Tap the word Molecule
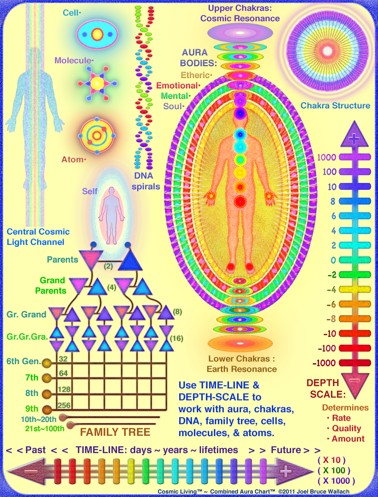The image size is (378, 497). (73, 61)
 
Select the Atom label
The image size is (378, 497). (73, 160)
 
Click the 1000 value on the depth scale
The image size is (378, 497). (327, 157)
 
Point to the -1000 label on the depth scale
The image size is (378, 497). (324, 363)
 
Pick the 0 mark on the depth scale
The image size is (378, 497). (333, 260)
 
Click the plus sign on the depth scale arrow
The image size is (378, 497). (354, 139)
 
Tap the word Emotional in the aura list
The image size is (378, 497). (177, 85)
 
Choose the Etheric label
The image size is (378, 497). (195, 75)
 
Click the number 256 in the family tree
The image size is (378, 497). (64, 405)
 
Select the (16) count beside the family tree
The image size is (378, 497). (176, 339)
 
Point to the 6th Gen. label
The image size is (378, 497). (23, 361)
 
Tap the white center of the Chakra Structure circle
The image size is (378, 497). (327, 50)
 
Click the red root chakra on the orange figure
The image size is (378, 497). (240, 202)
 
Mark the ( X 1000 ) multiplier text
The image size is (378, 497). (336, 481)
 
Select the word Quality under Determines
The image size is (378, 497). (346, 428)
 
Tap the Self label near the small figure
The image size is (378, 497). (89, 191)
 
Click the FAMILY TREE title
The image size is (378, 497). (115, 432)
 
